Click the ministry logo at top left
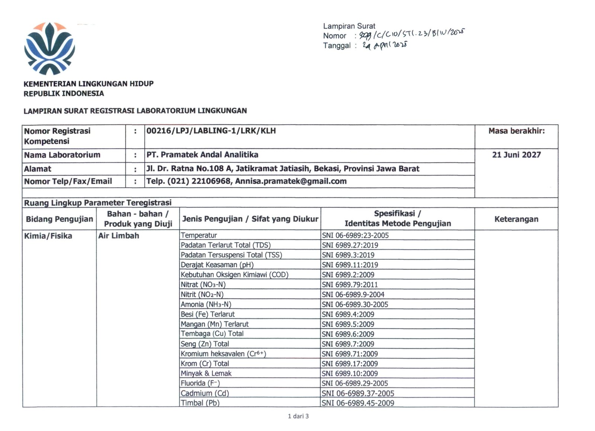pyautogui.click(x=49, y=48)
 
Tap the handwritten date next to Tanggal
pyautogui.click(x=385, y=45)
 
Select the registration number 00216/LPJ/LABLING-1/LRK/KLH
pyautogui.click(x=211, y=131)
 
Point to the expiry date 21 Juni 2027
pyautogui.click(x=516, y=155)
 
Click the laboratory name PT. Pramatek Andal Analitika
pyautogui.click(x=202, y=155)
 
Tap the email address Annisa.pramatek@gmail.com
pyautogui.click(x=291, y=181)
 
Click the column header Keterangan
pyautogui.click(x=516, y=219)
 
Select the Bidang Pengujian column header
pyautogui.click(x=59, y=219)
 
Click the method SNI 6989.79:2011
pyautogui.click(x=350, y=285)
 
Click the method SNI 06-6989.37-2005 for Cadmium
pyautogui.click(x=358, y=393)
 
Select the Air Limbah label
pyautogui.click(x=119, y=236)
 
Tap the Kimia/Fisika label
pyautogui.click(x=48, y=236)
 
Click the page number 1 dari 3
pyautogui.click(x=298, y=416)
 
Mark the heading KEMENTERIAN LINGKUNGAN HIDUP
pyautogui.click(x=89, y=84)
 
